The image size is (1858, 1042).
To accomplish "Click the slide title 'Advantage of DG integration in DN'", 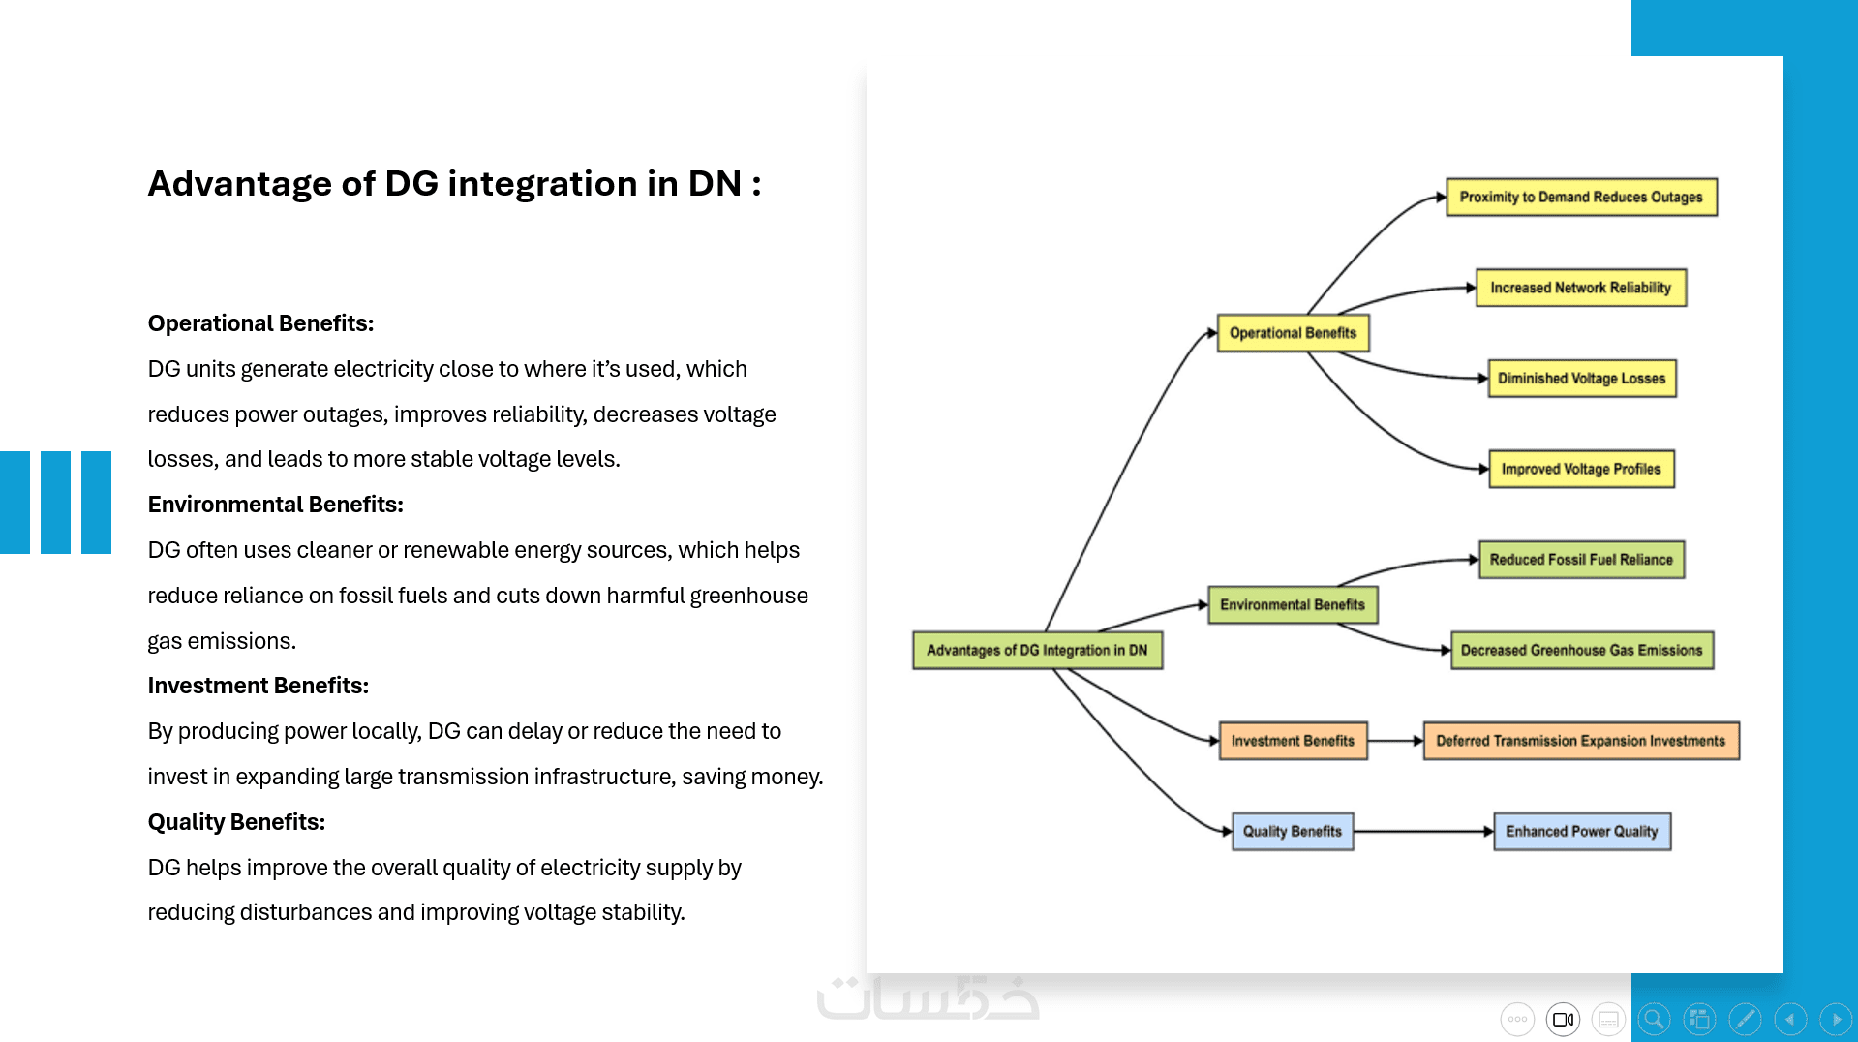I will [x=453, y=184].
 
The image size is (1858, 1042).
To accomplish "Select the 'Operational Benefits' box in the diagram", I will [x=1293, y=333].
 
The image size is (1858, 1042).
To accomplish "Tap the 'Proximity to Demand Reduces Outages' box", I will [x=1580, y=198].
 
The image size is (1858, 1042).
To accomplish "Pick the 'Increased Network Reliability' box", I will [x=1580, y=288].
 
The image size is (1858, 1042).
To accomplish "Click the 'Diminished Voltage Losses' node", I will [x=1581, y=379].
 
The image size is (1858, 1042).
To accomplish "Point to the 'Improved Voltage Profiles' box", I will [x=1580, y=470].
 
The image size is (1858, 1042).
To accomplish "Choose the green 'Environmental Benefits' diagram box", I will [x=1292, y=605].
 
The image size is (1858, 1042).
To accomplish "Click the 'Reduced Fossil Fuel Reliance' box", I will [x=1580, y=560].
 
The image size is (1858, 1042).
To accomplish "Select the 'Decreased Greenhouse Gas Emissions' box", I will [x=1581, y=651].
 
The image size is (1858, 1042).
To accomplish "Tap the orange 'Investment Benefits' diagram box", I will [x=1293, y=741].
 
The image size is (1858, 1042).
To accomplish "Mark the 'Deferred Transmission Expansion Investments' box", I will [x=1580, y=741].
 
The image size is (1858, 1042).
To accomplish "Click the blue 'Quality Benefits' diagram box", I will [x=1292, y=832].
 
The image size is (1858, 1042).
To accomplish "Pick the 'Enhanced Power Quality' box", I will [x=1581, y=832].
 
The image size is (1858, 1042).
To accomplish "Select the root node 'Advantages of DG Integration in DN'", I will [x=1037, y=651].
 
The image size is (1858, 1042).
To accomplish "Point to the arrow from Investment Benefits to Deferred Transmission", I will [x=1394, y=741].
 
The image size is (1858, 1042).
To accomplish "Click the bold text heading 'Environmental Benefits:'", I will [x=275, y=505].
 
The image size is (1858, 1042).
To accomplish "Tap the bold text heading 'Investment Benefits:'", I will [x=258, y=686].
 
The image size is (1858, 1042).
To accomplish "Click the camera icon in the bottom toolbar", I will [x=1563, y=1019].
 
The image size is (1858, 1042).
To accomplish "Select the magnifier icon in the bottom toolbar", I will [x=1654, y=1019].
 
